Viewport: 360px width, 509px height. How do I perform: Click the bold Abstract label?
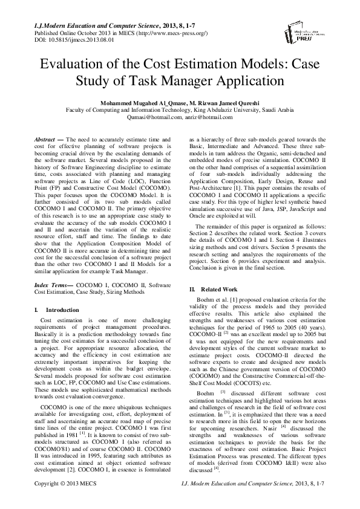pos(45,140)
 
